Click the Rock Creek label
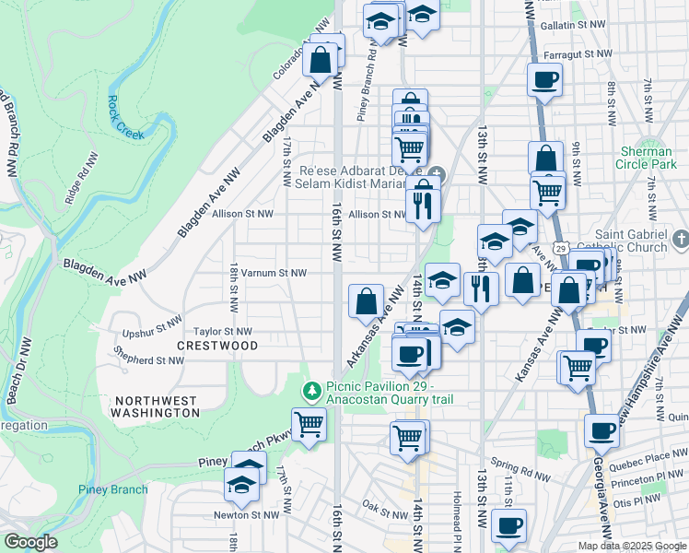coord(126,117)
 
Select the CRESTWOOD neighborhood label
coord(217,345)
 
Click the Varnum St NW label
coord(267,273)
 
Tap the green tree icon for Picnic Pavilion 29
coord(312,392)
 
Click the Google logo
coord(30,541)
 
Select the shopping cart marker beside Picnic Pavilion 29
coord(309,425)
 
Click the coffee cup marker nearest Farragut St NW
coord(543,79)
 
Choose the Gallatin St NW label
coord(573,26)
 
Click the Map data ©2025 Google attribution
coord(632,546)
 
